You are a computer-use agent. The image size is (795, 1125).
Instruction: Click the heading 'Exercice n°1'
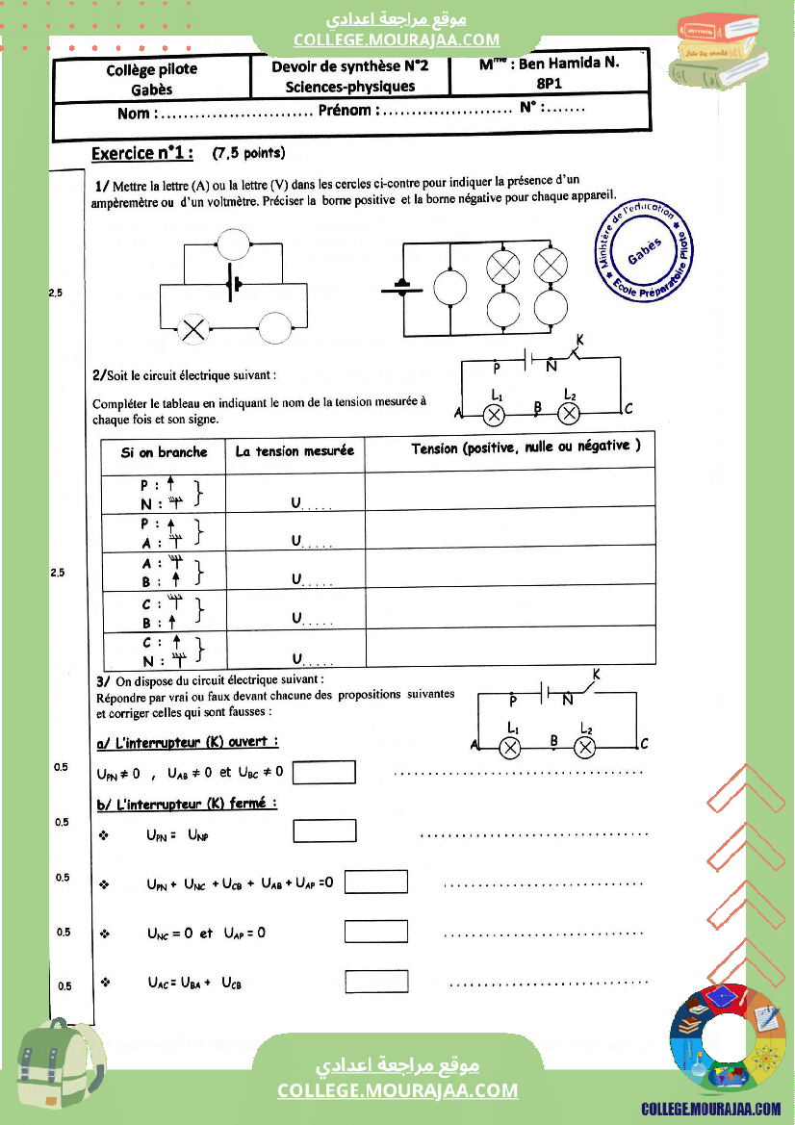141,153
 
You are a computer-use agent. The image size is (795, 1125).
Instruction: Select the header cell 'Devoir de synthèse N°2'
349,66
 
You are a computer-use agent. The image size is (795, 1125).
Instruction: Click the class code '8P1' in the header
550,84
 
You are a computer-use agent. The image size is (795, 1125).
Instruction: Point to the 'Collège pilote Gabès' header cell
152,79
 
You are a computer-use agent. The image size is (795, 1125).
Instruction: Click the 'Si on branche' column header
164,451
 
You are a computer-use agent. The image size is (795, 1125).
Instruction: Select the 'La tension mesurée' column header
295,450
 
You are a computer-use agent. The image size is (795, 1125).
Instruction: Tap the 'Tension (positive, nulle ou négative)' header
526,447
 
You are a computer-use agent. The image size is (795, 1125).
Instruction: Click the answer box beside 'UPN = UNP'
324,831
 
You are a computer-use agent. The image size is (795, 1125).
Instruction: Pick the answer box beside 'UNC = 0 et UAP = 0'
376,932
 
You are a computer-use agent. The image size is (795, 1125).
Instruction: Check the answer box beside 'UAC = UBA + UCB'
376,982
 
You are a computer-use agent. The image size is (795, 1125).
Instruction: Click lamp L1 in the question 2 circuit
495,414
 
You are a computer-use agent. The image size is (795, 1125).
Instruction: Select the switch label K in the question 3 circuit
597,677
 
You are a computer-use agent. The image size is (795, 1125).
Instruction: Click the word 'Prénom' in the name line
345,111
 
